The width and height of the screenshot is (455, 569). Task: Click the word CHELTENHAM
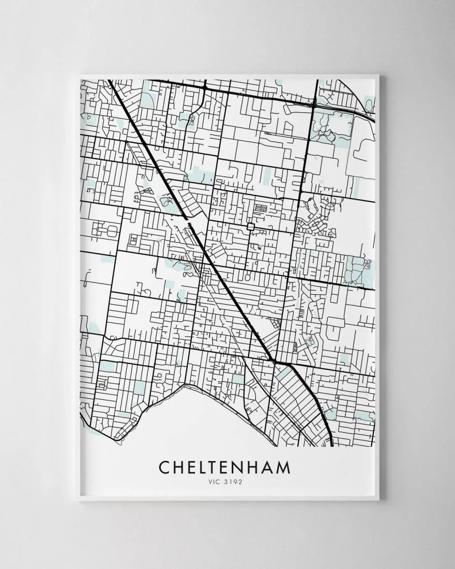click(224, 467)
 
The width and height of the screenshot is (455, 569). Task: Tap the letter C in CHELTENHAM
click(164, 467)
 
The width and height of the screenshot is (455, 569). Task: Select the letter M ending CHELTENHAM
click(283, 467)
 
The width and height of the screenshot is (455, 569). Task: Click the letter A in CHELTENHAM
click(267, 467)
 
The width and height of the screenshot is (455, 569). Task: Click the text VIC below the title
click(212, 482)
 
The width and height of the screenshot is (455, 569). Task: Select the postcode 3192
click(232, 482)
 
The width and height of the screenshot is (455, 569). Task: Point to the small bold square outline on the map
click(252, 226)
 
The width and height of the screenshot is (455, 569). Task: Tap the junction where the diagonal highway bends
click(273, 360)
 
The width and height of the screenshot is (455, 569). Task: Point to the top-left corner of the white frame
click(79, 76)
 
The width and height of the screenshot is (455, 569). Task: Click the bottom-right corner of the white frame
click(378, 499)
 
